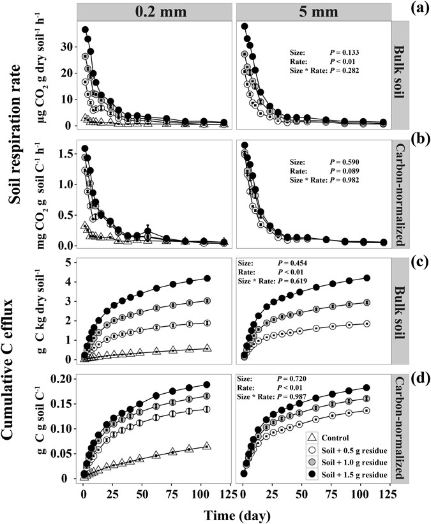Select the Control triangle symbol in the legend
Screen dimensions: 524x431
click(312, 437)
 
